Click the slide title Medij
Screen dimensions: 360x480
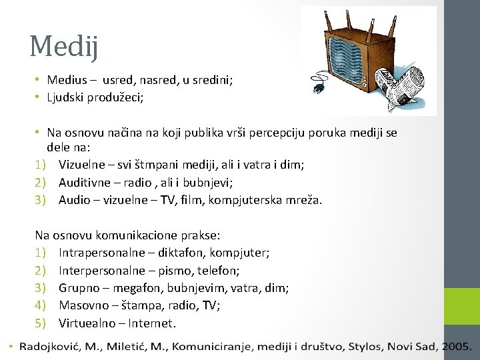point(64,46)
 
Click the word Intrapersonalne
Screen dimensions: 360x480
point(101,253)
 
